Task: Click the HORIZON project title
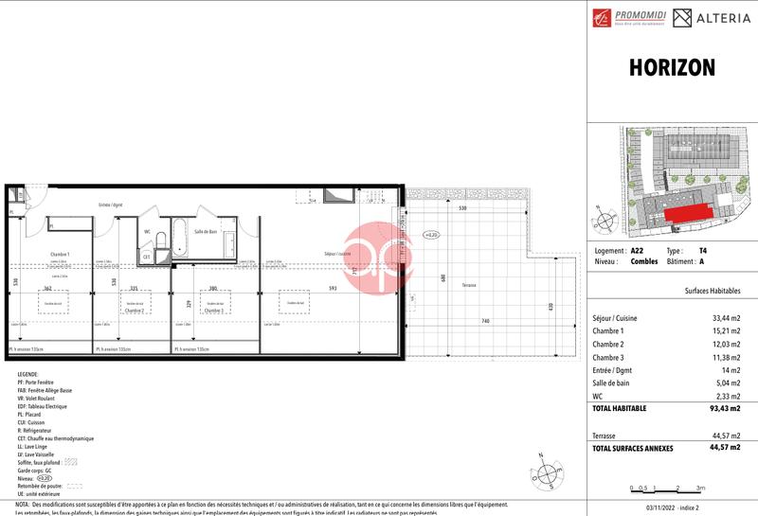[x=672, y=68]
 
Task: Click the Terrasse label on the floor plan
[x=469, y=285]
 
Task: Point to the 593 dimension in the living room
[x=332, y=289]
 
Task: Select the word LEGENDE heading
[x=27, y=374]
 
